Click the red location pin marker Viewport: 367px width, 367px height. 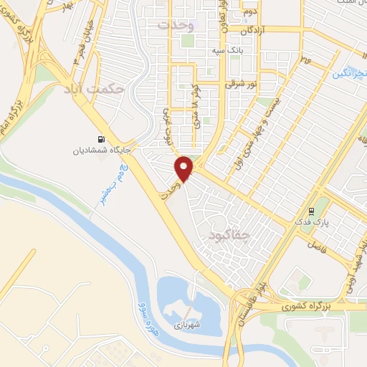pyautogui.click(x=185, y=168)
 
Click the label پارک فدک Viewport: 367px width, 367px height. pyautogui.click(x=313, y=224)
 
